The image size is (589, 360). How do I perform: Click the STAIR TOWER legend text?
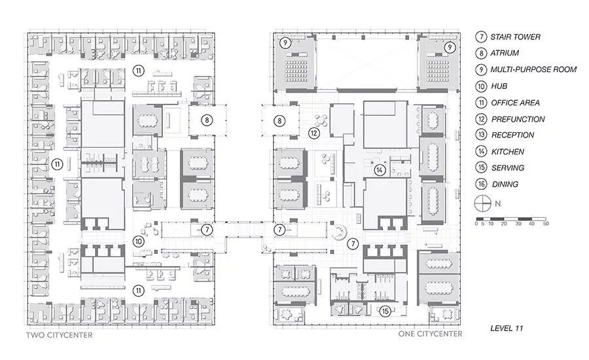515,37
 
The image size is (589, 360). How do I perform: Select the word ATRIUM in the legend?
505,53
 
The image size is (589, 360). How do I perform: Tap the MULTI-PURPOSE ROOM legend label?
533,69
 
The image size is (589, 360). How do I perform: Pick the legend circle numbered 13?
481,135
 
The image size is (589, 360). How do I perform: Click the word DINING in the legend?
505,184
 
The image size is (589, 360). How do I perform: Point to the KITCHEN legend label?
507,151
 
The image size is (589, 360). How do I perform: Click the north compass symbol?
483,204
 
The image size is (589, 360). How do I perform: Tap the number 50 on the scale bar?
545,224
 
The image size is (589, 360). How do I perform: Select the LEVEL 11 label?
507,328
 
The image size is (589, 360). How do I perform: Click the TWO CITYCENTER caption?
60,335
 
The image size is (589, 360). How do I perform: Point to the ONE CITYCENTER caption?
430,334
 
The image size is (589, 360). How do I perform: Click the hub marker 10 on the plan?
139,242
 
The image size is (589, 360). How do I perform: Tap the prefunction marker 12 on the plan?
313,133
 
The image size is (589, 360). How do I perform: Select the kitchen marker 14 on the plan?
380,170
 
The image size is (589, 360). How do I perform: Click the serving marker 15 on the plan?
385,311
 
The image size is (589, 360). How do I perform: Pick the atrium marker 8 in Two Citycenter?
207,120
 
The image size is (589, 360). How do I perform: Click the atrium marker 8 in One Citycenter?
279,120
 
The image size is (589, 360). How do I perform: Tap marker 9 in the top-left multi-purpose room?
285,43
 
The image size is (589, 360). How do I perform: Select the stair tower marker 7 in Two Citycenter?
207,230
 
